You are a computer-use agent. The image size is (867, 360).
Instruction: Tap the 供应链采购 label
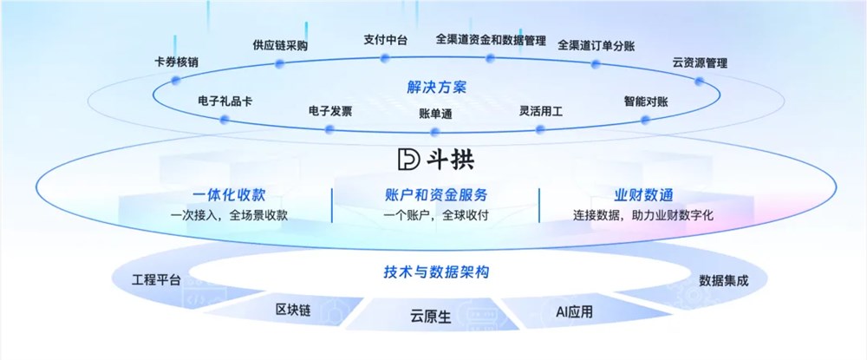[280, 45]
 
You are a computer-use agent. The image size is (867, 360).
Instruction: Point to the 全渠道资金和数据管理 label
[490, 40]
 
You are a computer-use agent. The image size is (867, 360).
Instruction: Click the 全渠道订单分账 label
[596, 45]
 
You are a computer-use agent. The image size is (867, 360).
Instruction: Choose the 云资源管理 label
[699, 62]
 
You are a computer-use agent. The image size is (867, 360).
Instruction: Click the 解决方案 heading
[436, 87]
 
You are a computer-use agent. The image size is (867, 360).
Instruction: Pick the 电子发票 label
[330, 111]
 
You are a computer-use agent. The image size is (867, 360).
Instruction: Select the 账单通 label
[435, 113]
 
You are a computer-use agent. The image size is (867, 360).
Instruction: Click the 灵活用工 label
[541, 111]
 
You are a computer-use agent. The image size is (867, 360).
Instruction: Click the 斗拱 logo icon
[407, 160]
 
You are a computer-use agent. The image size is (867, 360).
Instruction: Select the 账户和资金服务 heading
[435, 194]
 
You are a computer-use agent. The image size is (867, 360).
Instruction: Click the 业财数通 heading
[643, 194]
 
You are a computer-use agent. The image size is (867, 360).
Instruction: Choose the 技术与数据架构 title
[436, 272]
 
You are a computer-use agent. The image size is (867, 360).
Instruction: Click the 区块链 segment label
[292, 310]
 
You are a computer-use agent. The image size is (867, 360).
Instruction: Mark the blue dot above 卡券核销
[175, 80]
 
